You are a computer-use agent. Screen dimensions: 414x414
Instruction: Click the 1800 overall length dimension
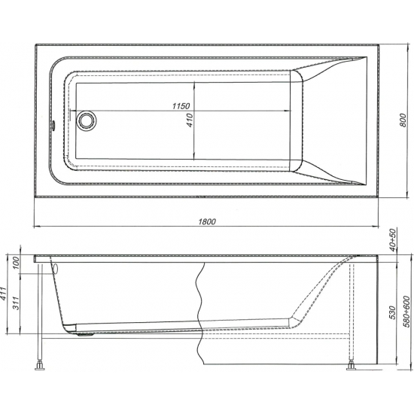(208, 221)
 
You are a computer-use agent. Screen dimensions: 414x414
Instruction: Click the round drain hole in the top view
(87, 119)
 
